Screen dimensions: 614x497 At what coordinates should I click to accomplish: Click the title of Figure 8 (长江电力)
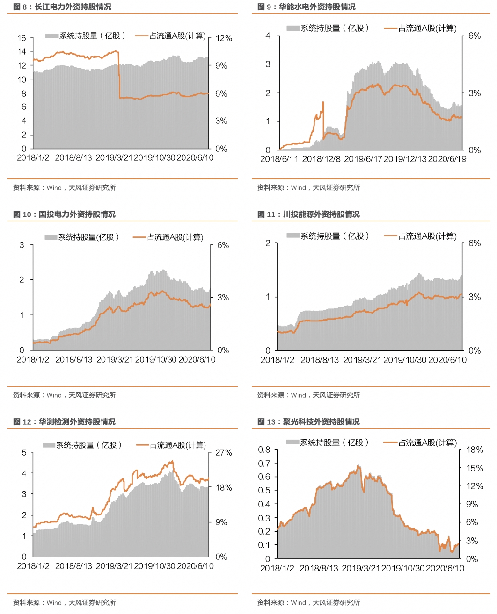(62, 7)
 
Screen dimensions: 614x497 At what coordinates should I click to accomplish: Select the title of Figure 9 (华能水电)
(307, 7)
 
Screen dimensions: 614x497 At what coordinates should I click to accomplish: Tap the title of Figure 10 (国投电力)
(64, 214)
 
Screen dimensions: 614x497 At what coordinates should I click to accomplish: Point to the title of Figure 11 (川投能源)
(309, 214)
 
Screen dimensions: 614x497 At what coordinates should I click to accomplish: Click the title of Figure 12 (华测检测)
(64, 422)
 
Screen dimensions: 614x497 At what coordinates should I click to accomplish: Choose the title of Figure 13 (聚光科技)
(309, 422)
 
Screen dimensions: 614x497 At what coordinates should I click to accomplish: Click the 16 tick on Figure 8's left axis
(22, 38)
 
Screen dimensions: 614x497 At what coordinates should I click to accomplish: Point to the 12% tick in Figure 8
(223, 38)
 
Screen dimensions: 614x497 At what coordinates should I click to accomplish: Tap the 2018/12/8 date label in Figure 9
(322, 159)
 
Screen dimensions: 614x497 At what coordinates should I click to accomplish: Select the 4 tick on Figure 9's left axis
(268, 36)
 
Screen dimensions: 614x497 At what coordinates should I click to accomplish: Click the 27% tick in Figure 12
(223, 453)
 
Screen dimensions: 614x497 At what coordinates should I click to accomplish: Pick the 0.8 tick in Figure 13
(264, 450)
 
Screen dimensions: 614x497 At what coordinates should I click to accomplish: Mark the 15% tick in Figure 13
(475, 468)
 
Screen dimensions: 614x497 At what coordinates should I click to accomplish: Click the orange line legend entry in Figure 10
(168, 237)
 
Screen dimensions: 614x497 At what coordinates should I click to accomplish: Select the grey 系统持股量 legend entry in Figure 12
(82, 445)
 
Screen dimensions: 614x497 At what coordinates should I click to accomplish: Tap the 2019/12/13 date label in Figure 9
(405, 159)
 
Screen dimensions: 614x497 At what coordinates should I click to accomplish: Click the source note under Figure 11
(308, 395)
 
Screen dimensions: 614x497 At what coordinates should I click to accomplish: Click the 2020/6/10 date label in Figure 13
(445, 568)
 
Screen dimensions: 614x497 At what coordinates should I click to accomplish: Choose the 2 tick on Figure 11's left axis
(268, 243)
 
